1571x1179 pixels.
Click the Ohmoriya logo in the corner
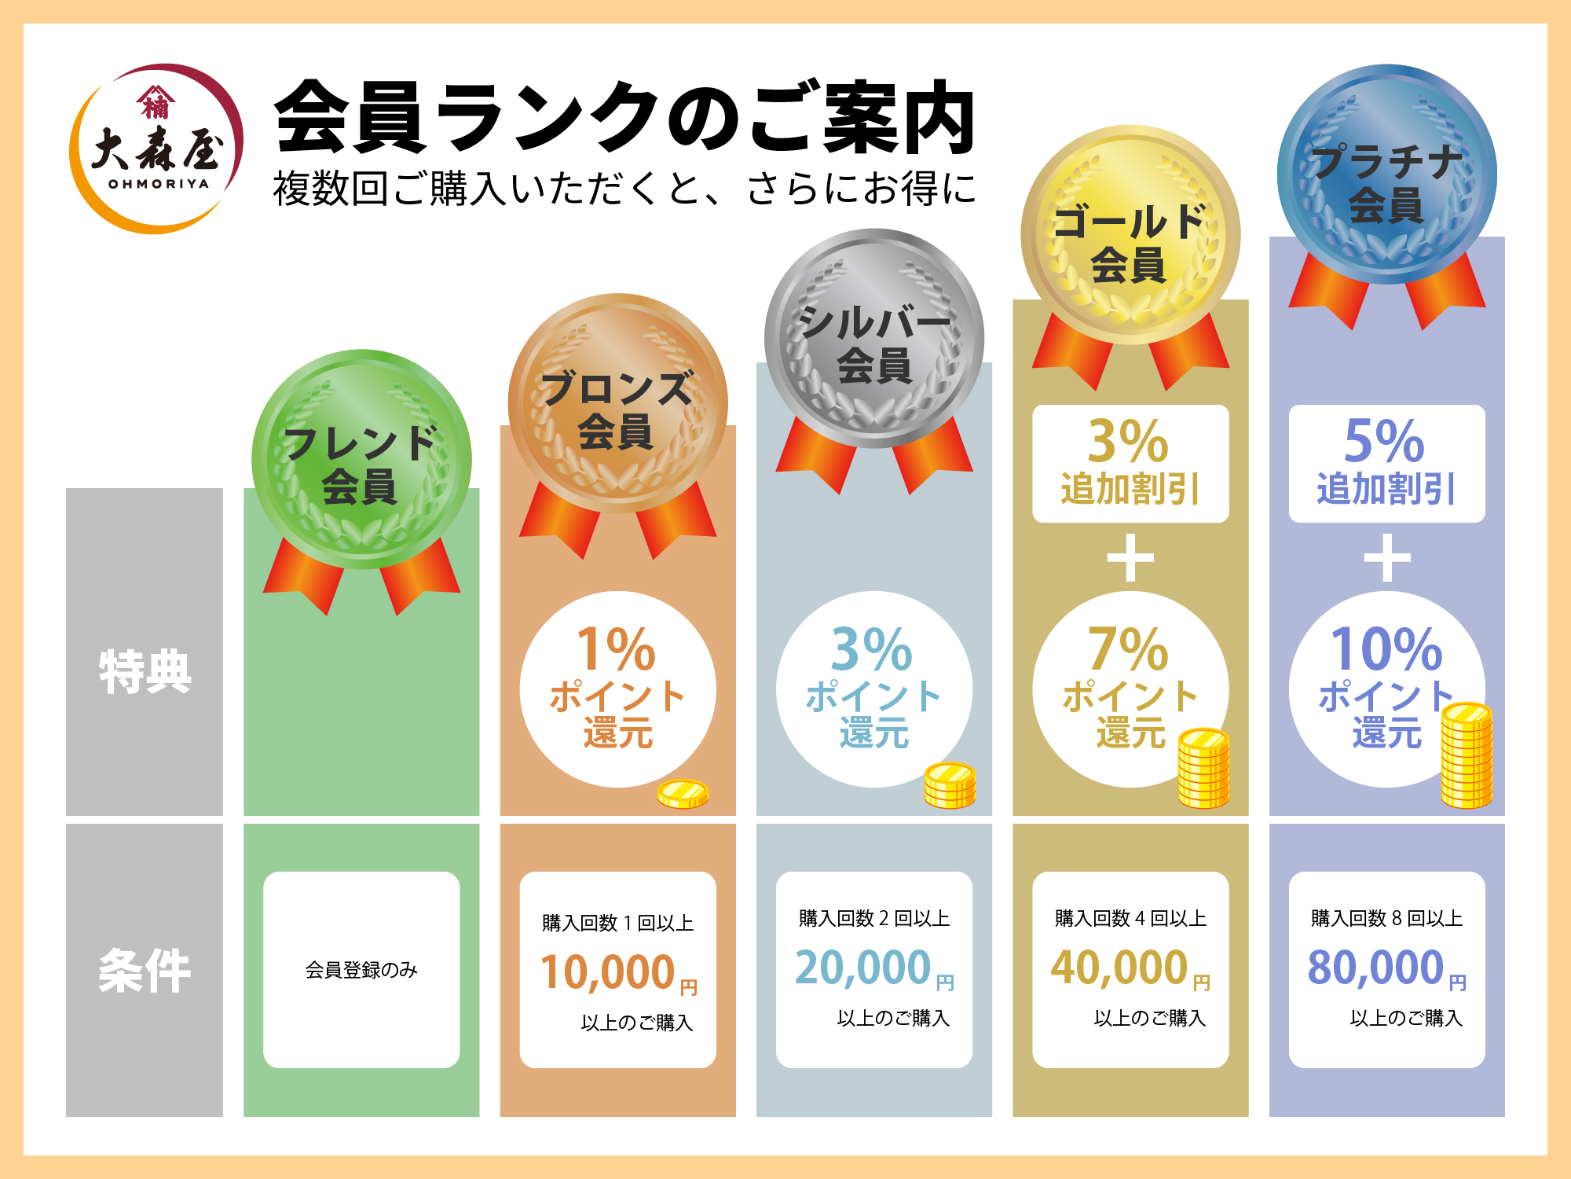[x=156, y=149]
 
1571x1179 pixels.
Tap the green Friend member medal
[x=361, y=460]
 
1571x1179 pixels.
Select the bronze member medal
[x=617, y=404]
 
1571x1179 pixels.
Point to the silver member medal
[x=874, y=339]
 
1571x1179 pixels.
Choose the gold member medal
[x=1130, y=235]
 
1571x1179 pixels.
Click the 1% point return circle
[x=617, y=689]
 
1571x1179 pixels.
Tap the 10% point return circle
[x=1386, y=689]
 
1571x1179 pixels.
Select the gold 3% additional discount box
[x=1130, y=464]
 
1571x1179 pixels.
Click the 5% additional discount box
[x=1386, y=464]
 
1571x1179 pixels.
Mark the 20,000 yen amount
[x=863, y=968]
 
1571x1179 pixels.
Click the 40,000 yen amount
[x=1119, y=968]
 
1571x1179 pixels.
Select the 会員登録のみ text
[x=361, y=970]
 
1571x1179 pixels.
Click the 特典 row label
[x=145, y=672]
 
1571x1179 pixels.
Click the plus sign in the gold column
[x=1130, y=558]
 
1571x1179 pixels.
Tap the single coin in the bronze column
[x=683, y=794]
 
